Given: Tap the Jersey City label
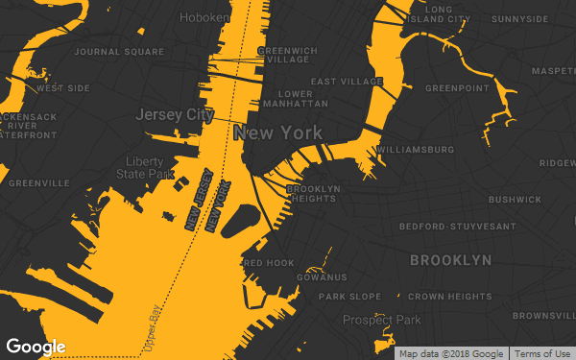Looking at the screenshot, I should [174, 114].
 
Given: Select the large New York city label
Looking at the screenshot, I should [277, 133].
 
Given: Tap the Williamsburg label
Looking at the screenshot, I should [416, 151].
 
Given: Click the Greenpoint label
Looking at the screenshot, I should [457, 88].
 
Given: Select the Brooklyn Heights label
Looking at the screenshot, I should [311, 194].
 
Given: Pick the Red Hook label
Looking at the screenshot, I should [269, 263].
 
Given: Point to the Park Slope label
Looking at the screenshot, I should [350, 297].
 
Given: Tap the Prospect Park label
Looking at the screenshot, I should [382, 320].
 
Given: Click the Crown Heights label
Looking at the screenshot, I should [450, 297].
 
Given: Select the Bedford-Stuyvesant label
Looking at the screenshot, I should [458, 227].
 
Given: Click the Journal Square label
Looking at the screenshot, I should [119, 52].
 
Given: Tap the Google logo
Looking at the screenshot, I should [36, 347].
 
